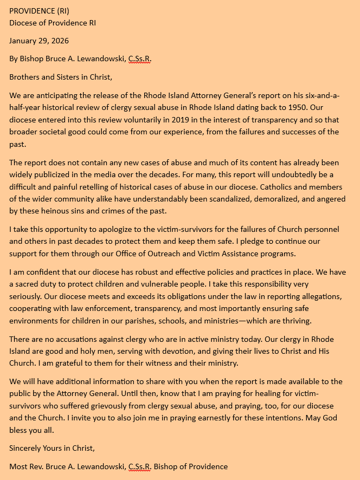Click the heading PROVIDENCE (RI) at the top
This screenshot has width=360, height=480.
(x=39, y=11)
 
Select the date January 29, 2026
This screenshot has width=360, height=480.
(x=39, y=41)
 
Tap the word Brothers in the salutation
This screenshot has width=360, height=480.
(x=26, y=77)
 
